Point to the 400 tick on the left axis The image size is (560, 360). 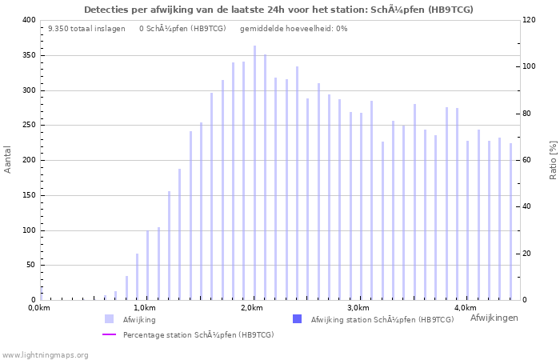click(28, 20)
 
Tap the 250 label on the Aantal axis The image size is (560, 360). click(28, 126)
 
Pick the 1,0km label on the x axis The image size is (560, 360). click(145, 308)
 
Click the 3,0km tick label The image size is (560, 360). click(358, 308)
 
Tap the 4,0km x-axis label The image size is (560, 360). click(465, 308)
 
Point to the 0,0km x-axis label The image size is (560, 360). click(39, 308)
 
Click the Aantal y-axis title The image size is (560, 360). click(8, 159)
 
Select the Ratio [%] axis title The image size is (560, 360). click(553, 159)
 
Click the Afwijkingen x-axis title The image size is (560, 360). click(494, 318)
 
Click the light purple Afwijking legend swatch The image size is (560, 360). click(109, 319)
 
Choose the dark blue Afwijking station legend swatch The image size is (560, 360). click(298, 319)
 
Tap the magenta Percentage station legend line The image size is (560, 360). click(110, 334)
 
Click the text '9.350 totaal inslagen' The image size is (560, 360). click(86, 29)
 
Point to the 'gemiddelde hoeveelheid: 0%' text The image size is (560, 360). click(294, 29)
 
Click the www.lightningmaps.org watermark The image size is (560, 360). click(46, 354)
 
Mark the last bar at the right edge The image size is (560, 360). click(510, 222)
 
